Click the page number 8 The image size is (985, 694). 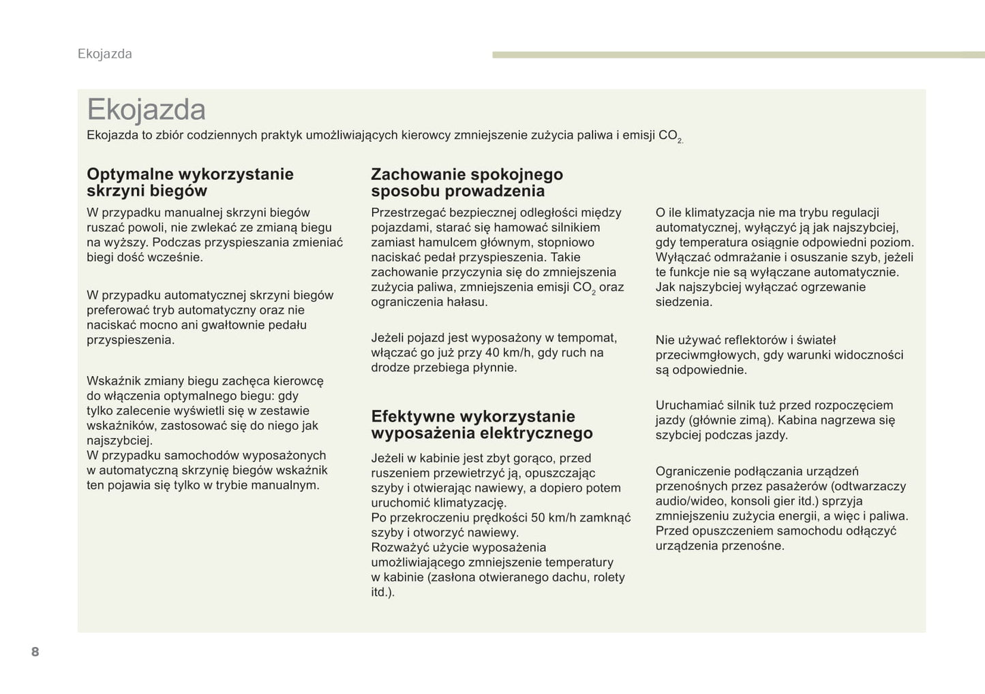35,652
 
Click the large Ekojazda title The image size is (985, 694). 146,110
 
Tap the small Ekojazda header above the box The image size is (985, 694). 105,54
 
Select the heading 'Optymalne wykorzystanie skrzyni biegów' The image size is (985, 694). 190,183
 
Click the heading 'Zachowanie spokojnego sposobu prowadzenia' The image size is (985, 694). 466,183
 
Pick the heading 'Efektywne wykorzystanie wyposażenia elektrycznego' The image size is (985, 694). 481,424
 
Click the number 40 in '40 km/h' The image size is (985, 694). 491,353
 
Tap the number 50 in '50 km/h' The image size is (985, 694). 538,518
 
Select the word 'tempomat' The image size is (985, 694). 587,338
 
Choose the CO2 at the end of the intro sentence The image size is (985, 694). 670,136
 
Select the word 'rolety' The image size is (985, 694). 608,577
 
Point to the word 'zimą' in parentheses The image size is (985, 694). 753,420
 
